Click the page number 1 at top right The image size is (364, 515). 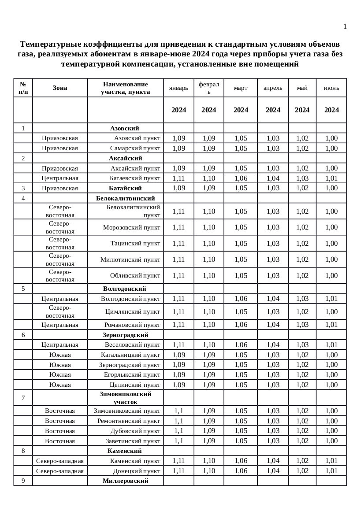coord(345,26)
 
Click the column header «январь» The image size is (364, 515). coord(178,88)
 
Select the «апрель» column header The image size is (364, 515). coord(273,88)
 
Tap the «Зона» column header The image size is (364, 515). coord(60,88)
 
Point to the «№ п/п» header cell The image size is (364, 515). coord(23,88)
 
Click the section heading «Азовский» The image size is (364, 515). coord(125,128)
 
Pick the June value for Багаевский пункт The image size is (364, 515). coord(331,178)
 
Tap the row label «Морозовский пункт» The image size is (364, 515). coord(132,227)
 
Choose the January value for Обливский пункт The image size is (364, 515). coord(178,276)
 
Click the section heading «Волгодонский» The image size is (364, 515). coord(125,289)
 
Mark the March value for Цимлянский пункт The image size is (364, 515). coord(241,311)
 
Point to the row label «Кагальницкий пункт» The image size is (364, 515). coord(130,355)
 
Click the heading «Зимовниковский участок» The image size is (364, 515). coord(126,398)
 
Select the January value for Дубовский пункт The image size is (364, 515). coord(178,431)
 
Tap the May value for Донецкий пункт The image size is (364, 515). coord(302,471)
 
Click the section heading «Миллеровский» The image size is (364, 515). coord(125,481)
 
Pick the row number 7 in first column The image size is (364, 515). coord(23,398)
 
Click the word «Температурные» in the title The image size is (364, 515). coord(49,44)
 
